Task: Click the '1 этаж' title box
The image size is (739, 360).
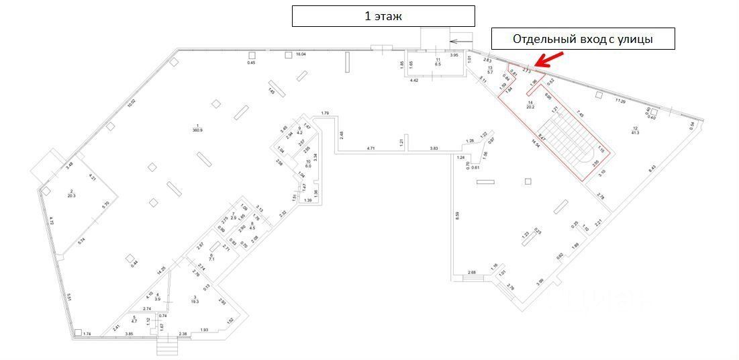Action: (383, 16)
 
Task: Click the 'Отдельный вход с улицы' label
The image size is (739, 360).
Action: (583, 39)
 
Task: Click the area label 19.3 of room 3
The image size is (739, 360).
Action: (195, 302)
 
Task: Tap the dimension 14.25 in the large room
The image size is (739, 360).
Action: (161, 271)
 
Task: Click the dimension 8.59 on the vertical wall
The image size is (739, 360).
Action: (457, 216)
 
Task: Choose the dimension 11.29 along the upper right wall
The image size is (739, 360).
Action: (621, 101)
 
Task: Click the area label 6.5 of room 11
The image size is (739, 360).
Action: (437, 64)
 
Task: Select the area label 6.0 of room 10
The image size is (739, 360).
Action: (308, 165)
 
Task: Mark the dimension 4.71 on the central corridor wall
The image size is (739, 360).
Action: (374, 148)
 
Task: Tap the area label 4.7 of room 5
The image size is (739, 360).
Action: (134, 322)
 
